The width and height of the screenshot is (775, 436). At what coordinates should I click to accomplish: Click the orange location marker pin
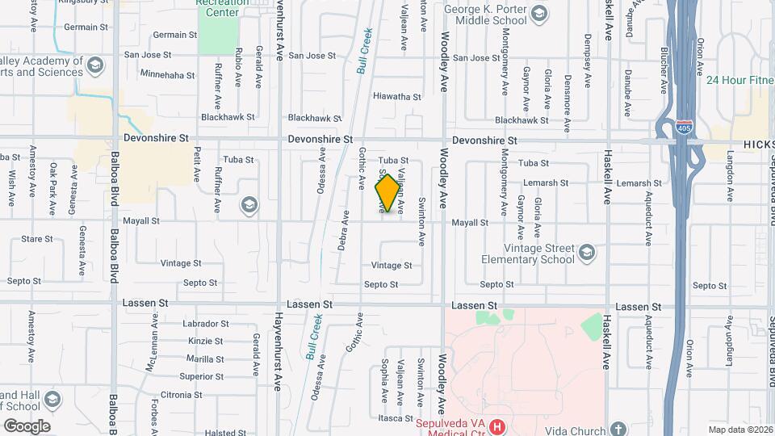click(387, 193)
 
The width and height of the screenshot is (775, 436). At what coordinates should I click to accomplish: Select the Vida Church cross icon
click(618, 429)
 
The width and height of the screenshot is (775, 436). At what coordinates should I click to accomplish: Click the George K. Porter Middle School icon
click(538, 13)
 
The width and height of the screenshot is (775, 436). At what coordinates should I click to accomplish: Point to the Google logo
click(27, 426)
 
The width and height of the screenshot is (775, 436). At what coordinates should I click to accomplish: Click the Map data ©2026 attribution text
click(739, 430)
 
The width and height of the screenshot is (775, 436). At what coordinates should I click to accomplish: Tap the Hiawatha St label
click(397, 97)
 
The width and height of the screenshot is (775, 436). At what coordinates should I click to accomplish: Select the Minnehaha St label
click(167, 74)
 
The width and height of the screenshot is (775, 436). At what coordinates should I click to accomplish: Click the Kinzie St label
click(205, 342)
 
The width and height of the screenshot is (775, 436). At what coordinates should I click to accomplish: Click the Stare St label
click(36, 239)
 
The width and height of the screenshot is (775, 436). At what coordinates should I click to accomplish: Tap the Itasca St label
click(395, 417)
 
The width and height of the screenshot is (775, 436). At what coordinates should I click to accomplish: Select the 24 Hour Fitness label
click(739, 80)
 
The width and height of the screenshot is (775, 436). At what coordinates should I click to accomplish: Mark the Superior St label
click(202, 376)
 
